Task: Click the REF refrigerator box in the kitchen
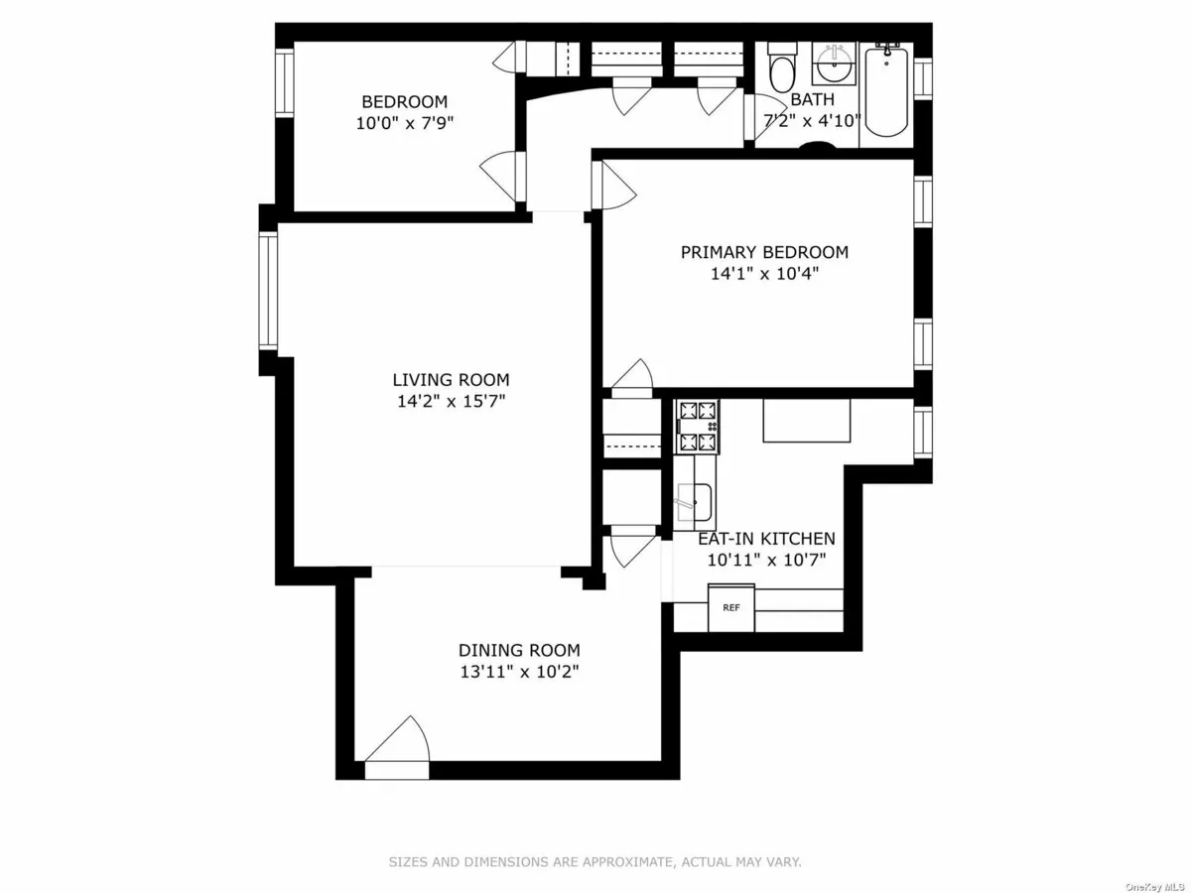click(730, 607)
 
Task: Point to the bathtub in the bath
click(885, 89)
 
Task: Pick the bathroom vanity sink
click(832, 65)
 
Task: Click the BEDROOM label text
click(404, 101)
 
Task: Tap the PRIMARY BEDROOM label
click(764, 252)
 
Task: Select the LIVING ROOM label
click(451, 379)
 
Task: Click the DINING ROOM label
click(519, 650)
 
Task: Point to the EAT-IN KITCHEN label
click(766, 539)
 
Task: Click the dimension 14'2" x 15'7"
click(451, 402)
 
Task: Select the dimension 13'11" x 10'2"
click(519, 672)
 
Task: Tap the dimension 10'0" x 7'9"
click(404, 123)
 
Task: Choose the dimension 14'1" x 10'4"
click(764, 274)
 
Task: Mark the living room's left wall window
click(268, 290)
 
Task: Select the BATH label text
click(812, 100)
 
